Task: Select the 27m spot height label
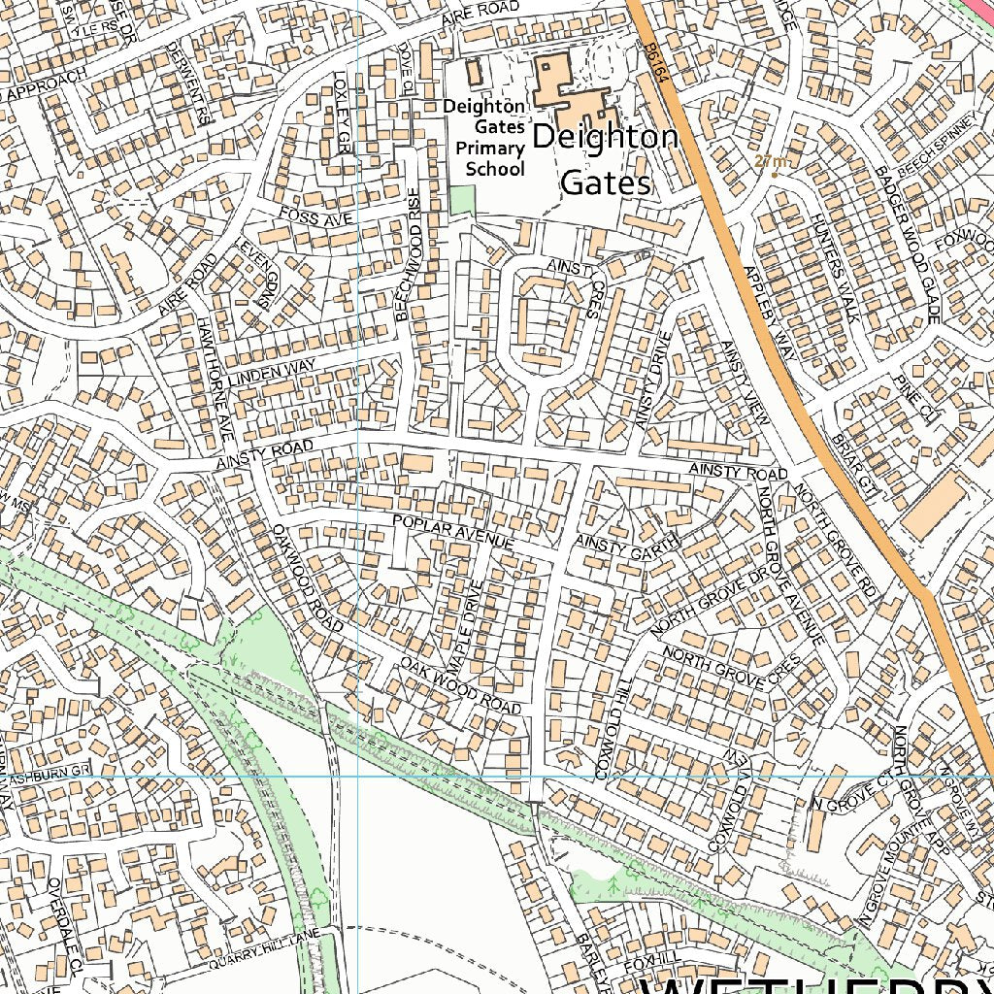(773, 161)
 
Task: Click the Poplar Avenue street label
(452, 534)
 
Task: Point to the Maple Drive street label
(464, 628)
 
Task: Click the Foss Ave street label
(315, 217)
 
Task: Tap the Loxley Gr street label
(343, 112)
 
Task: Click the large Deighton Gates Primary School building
(566, 90)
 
